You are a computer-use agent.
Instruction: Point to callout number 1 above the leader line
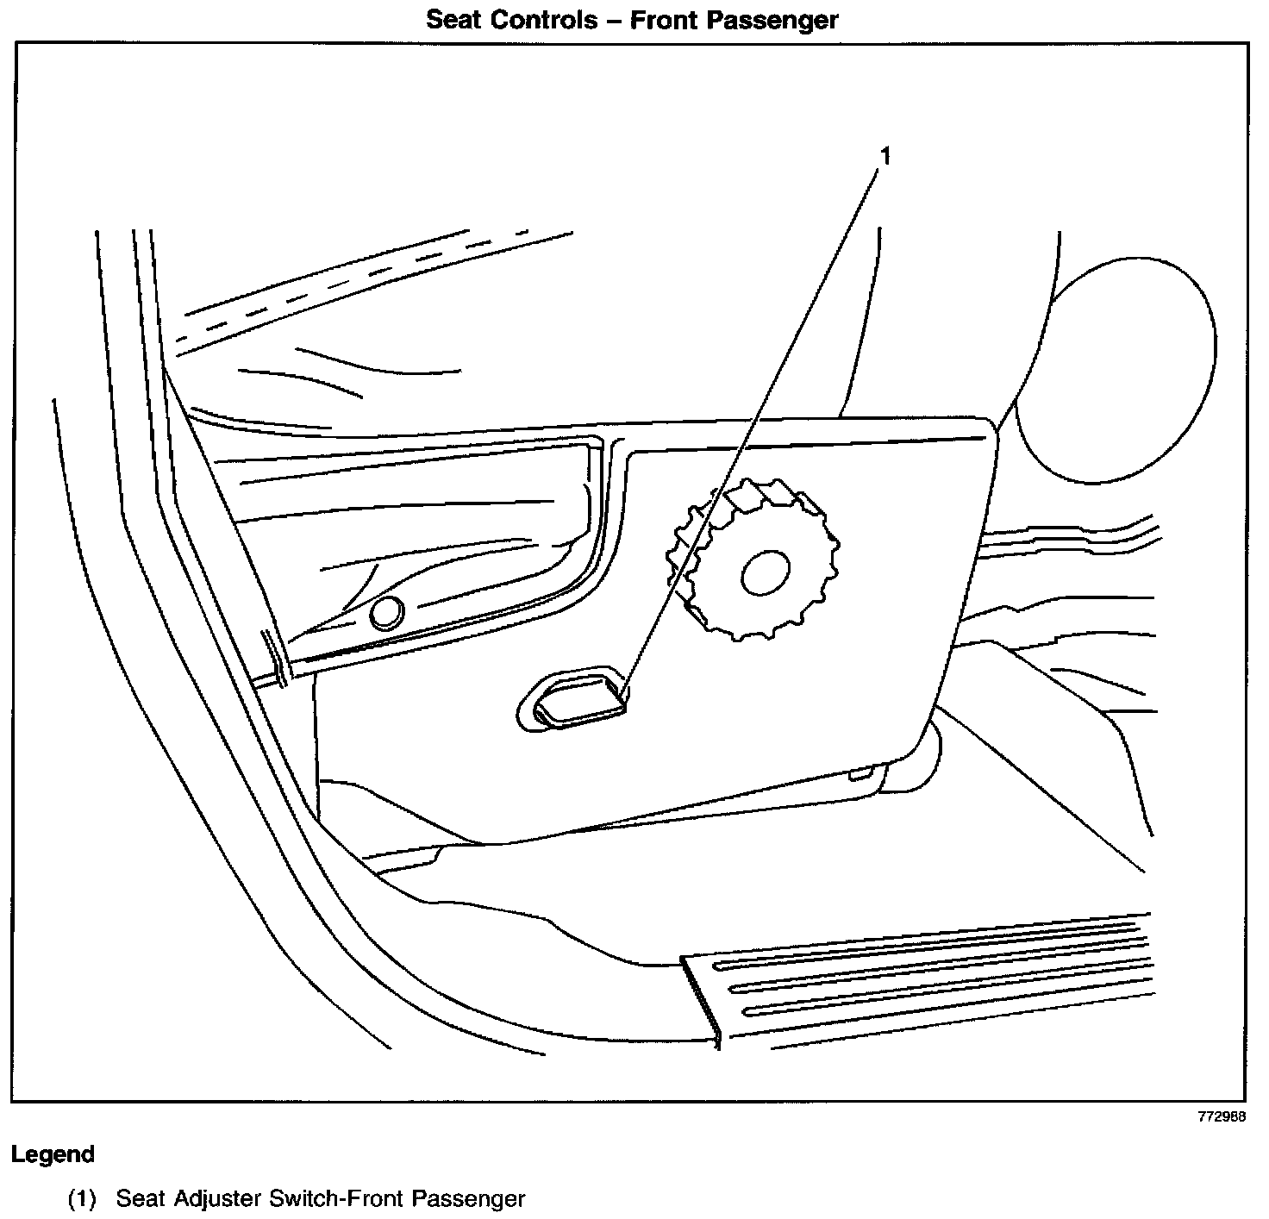[884, 157]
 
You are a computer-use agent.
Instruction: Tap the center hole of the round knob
[765, 572]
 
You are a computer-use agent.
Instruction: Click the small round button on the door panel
[385, 613]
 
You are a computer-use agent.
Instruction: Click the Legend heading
[53, 1153]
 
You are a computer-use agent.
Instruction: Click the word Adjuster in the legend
[218, 1198]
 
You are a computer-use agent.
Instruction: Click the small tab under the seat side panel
[860, 775]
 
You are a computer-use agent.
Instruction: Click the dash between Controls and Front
[614, 21]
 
